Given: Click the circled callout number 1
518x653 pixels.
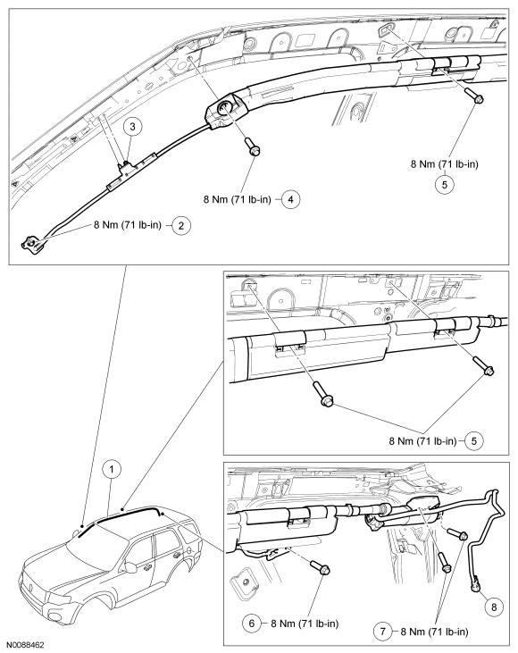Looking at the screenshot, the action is point(112,470).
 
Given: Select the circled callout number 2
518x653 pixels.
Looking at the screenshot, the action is point(181,225).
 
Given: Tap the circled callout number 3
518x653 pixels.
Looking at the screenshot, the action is point(132,127).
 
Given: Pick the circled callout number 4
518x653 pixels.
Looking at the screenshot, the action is point(290,199).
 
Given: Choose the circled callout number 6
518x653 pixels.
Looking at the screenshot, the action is point(252,624).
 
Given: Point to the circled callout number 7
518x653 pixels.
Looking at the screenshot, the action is point(382,632).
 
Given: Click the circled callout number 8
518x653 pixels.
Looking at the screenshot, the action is point(494,607).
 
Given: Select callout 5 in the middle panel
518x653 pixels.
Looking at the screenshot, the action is point(474,440).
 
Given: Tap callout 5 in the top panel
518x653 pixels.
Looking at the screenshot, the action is point(444,184).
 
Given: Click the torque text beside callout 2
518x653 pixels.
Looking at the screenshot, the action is point(127,225).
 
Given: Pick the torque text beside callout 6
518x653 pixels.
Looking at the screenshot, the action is point(305,624).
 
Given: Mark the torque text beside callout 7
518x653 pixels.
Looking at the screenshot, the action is point(434,632).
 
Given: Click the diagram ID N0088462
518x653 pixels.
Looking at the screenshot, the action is point(25,645).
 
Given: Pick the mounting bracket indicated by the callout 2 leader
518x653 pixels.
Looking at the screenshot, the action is point(31,243).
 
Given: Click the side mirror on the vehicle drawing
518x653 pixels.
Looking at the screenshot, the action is point(132,566).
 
